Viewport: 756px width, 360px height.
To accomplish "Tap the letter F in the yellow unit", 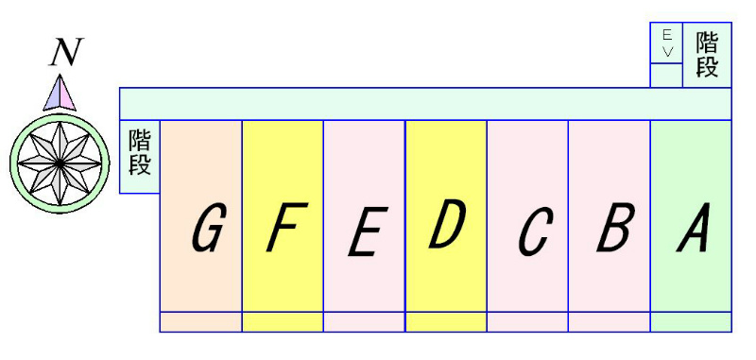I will (x=282, y=229).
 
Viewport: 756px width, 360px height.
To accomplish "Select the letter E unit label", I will (x=364, y=232).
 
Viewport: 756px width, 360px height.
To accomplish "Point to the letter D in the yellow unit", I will (x=446, y=225).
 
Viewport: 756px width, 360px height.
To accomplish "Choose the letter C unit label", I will (x=534, y=231).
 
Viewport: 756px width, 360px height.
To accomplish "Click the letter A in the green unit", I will (x=694, y=229).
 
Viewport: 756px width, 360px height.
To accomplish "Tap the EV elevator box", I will (x=666, y=43).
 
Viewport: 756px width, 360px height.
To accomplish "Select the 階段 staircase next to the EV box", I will (x=707, y=55).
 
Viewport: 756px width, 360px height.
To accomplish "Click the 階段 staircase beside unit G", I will (x=140, y=156).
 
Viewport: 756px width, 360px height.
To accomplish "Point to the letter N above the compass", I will (x=64, y=55).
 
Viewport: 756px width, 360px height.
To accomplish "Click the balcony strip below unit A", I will (x=691, y=321).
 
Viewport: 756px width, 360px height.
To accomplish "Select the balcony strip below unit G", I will (x=201, y=321).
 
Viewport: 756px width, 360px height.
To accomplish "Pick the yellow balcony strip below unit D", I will (x=446, y=321).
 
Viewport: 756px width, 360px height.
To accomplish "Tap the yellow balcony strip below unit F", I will (x=283, y=321).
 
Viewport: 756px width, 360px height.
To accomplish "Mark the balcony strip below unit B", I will (x=610, y=321).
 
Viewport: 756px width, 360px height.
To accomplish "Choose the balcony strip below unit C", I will (x=527, y=321).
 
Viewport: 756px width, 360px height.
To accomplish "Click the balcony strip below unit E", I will (x=364, y=321).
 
